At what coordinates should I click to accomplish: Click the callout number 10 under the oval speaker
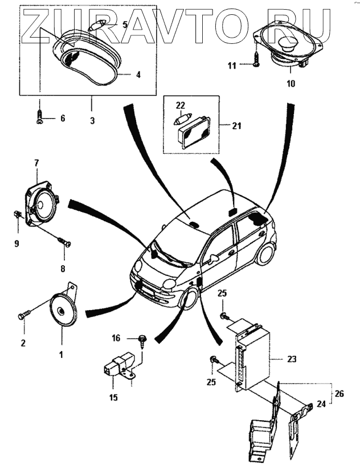(x=291, y=84)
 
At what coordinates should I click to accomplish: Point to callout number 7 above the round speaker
(x=36, y=163)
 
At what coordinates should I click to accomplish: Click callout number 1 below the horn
(x=61, y=353)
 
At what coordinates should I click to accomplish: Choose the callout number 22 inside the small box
(x=180, y=105)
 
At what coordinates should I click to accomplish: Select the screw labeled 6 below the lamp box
(x=40, y=118)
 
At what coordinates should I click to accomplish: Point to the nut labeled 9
(x=17, y=215)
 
